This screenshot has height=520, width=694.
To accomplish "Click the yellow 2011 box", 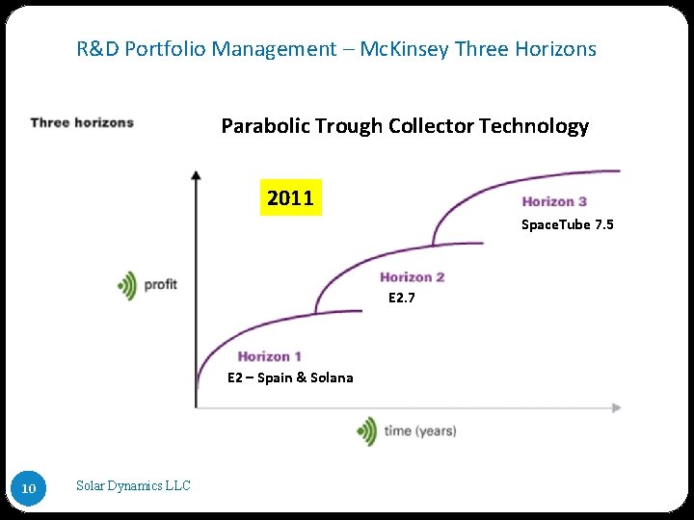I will [290, 198].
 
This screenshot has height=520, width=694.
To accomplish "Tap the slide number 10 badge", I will [29, 489].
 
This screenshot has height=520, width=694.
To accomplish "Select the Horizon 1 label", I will [270, 357].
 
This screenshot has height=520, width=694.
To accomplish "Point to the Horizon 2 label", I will [412, 277].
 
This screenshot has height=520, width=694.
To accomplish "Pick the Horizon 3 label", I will [554, 201].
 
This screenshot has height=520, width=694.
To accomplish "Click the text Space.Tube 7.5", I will [567, 224].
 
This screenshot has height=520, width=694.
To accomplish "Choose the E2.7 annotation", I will [402, 298].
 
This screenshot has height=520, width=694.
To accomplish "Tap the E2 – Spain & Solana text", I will [290, 377].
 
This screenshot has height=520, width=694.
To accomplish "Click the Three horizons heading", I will [82, 122].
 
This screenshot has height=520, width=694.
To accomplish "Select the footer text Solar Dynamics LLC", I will [133, 486].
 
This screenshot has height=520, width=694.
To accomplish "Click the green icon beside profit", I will [127, 285].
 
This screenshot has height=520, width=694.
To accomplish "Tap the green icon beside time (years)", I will [366, 430].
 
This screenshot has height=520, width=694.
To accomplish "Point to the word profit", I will [161, 285].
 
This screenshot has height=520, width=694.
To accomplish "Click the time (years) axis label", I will [420, 430].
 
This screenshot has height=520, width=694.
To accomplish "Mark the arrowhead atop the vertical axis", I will [196, 175].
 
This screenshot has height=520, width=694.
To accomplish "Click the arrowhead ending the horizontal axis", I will [617, 407].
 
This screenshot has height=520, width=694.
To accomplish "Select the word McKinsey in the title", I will [403, 48].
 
